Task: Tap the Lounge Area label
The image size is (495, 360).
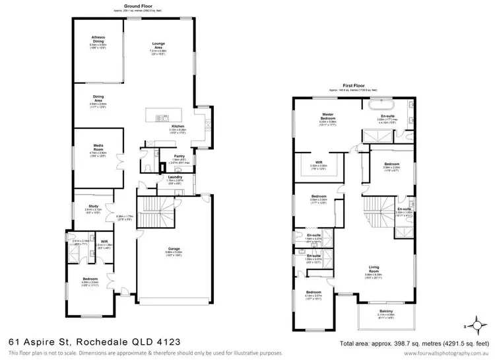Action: pyautogui.click(x=158, y=45)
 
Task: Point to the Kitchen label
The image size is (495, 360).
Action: pyautogui.click(x=178, y=126)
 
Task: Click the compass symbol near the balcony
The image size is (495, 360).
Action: pyautogui.click(x=471, y=326)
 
